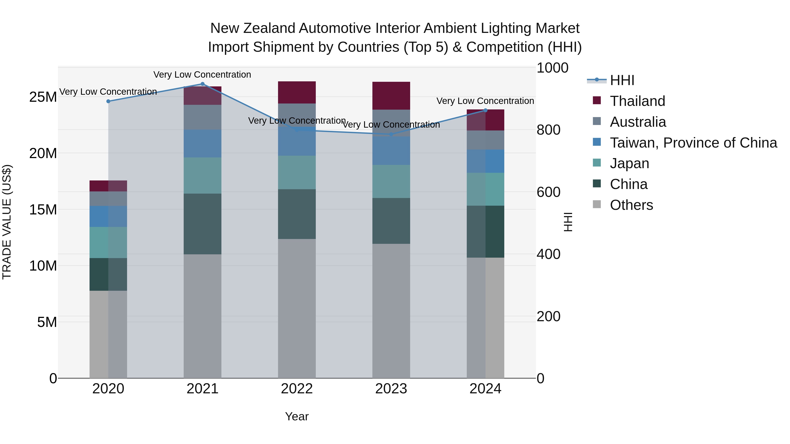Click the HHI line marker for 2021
[202, 84]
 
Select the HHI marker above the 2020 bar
[108, 102]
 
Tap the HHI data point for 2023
[391, 135]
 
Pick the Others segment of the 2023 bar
[391, 311]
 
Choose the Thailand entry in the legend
[637, 101]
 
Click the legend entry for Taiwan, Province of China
[693, 143]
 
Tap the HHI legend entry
[622, 80]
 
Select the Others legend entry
[631, 205]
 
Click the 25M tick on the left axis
[43, 97]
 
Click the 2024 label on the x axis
[485, 389]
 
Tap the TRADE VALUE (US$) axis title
[7, 222]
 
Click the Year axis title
[296, 416]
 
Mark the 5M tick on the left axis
[47, 322]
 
